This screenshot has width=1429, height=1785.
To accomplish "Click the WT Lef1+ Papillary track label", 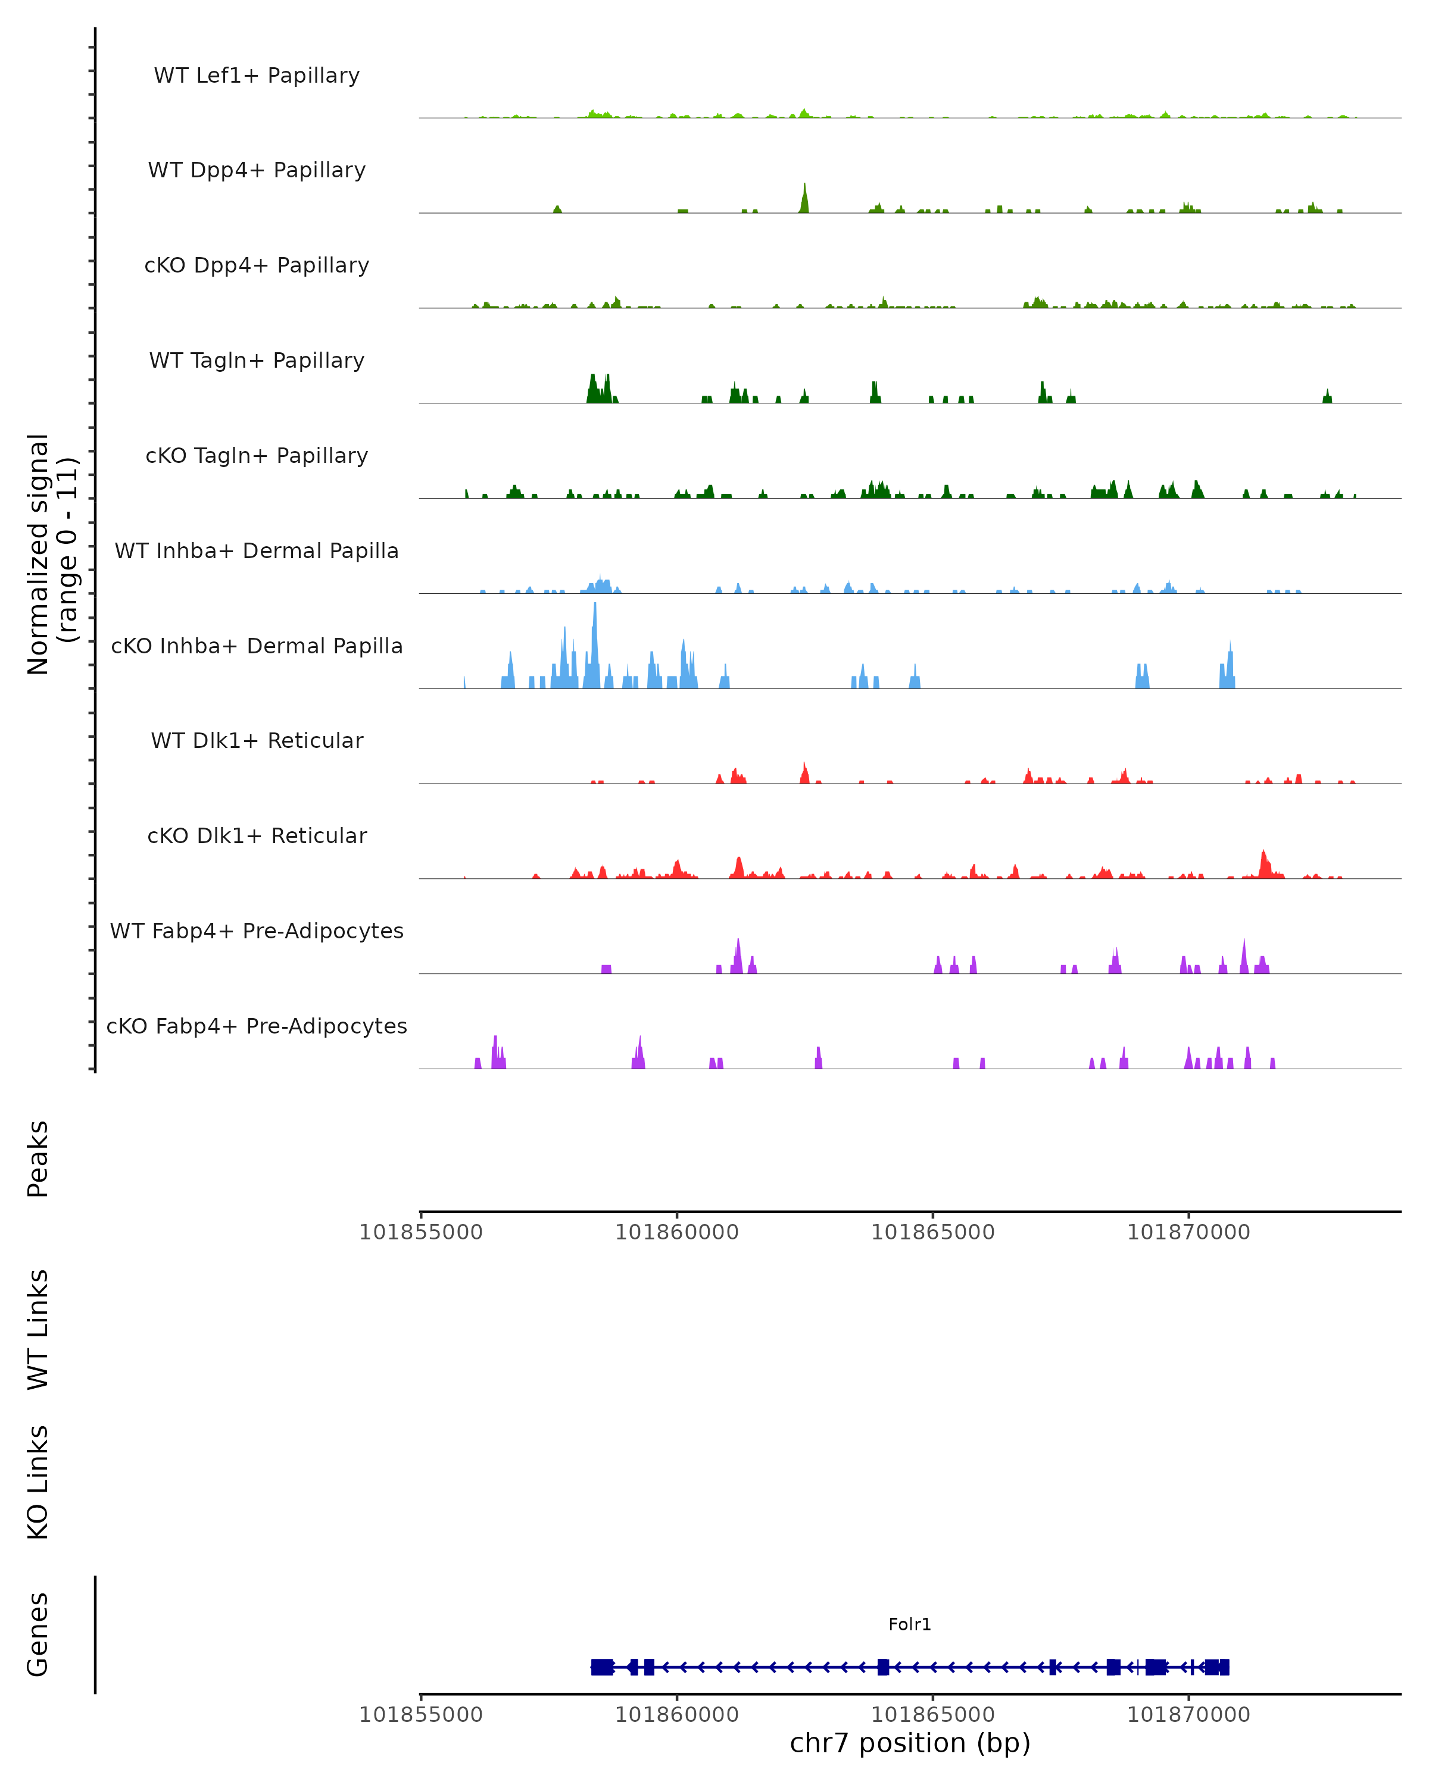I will (x=257, y=76).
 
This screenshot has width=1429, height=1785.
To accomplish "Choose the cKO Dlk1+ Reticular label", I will (x=257, y=835).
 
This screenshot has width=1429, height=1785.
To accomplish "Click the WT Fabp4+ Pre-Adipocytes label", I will (x=257, y=931).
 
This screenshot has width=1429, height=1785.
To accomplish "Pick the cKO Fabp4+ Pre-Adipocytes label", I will (x=257, y=1026).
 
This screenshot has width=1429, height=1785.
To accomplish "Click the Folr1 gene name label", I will (x=910, y=1624).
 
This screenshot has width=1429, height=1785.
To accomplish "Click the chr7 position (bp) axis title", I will (x=910, y=1743).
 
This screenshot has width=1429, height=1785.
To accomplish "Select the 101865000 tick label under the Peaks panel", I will (x=933, y=1232).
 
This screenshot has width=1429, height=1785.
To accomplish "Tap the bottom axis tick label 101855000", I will (x=421, y=1715).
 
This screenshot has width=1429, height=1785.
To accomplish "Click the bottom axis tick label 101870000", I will (x=1189, y=1715).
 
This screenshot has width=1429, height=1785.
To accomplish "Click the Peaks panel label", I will (x=38, y=1159).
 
